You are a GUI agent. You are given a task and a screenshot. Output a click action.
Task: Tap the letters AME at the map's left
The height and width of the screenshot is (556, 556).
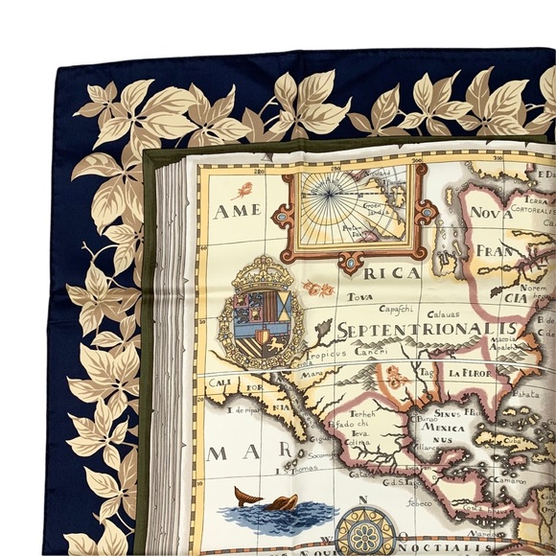[x=239, y=211]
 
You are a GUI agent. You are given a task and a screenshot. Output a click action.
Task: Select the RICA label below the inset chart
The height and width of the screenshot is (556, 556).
[x=393, y=274]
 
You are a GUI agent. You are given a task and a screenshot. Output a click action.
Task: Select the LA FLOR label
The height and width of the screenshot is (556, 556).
[x=465, y=374]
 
